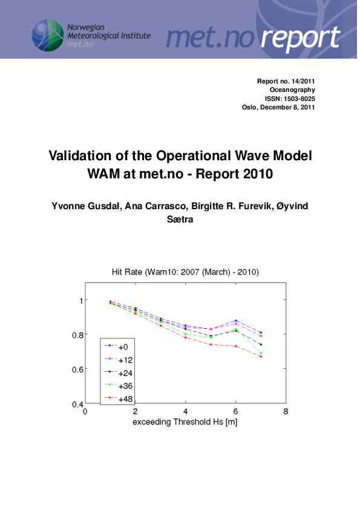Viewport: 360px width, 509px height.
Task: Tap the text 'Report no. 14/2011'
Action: coord(286,81)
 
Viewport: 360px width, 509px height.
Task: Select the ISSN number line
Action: coord(290,99)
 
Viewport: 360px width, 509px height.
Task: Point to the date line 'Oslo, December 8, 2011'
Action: coord(278,108)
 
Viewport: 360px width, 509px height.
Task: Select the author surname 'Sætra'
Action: coord(180,219)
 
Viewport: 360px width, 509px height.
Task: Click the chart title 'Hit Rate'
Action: coord(128,272)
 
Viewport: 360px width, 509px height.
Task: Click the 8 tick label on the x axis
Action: coord(286,412)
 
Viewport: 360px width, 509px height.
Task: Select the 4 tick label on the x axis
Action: coord(185,412)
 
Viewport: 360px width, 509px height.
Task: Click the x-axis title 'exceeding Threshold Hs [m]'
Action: coord(185,421)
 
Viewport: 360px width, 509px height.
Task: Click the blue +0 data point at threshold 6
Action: coord(236,320)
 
